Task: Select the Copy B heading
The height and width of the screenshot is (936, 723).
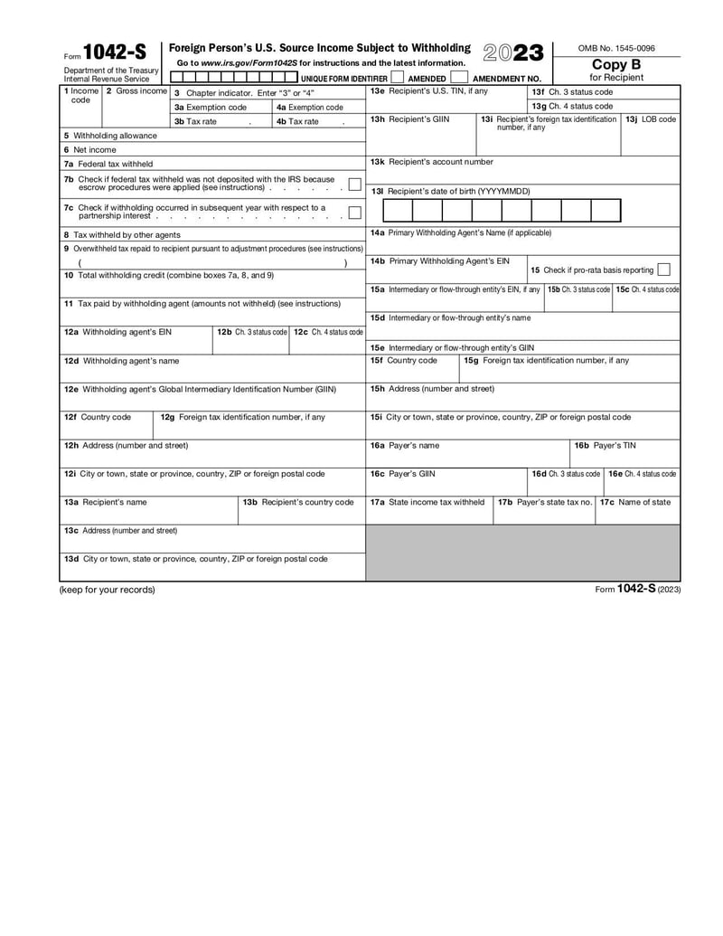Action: pos(616,64)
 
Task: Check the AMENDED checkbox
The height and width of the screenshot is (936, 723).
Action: pos(397,78)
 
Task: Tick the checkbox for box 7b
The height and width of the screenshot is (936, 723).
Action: pos(354,184)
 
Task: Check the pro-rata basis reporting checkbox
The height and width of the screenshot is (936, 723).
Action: pos(664,269)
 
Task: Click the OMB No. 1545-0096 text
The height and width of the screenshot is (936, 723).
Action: pos(616,48)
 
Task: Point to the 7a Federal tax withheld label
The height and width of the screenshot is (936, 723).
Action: pos(108,164)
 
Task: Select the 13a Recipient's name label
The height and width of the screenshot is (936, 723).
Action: pos(105,502)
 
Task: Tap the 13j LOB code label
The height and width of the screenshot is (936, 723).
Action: pos(651,118)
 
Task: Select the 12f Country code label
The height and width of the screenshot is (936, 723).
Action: pos(97,417)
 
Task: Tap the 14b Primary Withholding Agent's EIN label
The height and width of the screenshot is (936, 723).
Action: pos(439,260)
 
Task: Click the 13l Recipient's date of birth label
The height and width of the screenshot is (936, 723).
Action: pos(450,191)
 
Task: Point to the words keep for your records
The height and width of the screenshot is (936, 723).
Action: pos(107,590)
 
